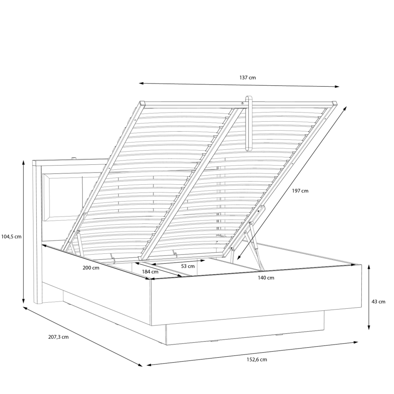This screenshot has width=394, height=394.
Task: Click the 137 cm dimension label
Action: tap(247, 78)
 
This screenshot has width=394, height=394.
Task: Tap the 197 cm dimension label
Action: tap(300, 191)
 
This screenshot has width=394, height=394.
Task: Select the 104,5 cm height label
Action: tap(11, 236)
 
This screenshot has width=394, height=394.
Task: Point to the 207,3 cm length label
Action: tap(59, 337)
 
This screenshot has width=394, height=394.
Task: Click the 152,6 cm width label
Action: tap(257, 360)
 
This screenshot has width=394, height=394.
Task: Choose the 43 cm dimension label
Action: tap(378, 301)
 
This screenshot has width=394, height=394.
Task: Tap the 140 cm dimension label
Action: tap(266, 278)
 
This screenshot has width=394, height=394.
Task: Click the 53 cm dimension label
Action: tap(187, 266)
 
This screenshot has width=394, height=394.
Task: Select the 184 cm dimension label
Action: tap(150, 272)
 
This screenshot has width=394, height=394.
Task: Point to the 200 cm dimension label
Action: tap(91, 268)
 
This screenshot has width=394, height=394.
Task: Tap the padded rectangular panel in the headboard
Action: tap(64, 198)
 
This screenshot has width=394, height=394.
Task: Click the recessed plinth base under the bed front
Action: tap(245, 331)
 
